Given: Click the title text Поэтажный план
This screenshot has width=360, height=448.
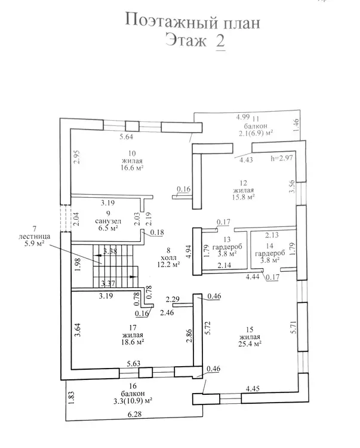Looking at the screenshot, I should [192, 22].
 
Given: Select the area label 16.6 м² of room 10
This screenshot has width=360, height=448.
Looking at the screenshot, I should [133, 168].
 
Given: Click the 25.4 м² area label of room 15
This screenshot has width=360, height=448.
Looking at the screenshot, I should [251, 344].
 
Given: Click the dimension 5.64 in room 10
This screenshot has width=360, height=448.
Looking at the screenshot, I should [126, 137].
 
